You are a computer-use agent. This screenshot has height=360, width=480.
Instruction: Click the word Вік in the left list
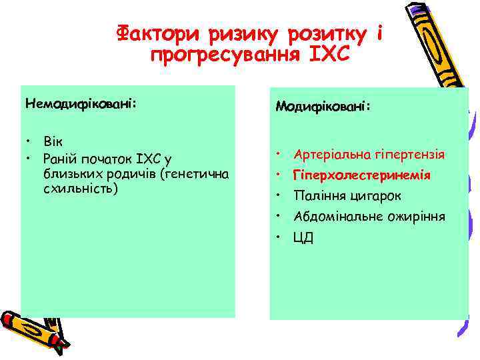(51, 142)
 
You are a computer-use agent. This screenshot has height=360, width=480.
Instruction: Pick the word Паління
(319, 196)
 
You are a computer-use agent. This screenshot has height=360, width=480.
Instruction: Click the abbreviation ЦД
(303, 237)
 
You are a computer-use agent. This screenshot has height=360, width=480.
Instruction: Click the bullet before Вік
(29, 142)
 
